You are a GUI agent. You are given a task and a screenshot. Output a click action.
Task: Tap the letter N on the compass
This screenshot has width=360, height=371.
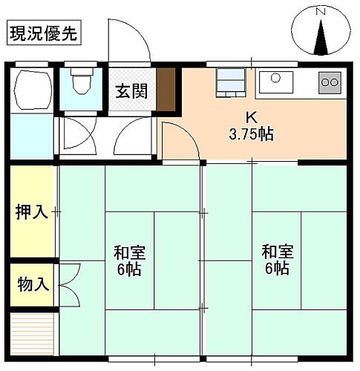click(x=321, y=12)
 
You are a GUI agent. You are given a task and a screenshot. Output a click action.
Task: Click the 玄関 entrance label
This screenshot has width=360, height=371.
click(x=131, y=91)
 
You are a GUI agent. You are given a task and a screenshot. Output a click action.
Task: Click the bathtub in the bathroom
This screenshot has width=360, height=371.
click(x=31, y=89)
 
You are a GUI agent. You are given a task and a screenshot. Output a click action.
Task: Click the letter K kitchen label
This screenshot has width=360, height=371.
click(x=251, y=117)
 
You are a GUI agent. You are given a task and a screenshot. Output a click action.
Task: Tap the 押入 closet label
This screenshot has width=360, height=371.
click(x=32, y=212)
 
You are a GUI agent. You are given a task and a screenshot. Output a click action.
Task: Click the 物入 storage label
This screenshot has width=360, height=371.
click(x=32, y=283)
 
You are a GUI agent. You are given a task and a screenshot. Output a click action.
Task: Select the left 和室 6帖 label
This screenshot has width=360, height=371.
click(x=128, y=260)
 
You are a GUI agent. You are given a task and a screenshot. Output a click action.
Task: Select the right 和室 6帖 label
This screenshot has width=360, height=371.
click(x=275, y=260)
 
